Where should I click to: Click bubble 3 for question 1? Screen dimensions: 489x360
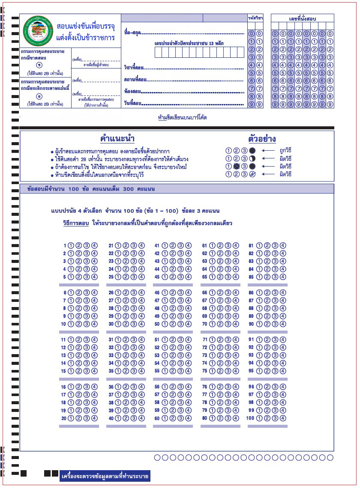[87, 246]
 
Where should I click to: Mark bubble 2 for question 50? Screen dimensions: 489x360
[173, 324]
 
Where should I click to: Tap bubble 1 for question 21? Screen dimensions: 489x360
[118, 246]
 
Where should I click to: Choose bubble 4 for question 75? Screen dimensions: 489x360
[235, 371]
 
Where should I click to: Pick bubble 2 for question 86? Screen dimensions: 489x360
[267, 293]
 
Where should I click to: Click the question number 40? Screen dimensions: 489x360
[111, 418]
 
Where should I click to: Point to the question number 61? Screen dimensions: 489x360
[204, 246]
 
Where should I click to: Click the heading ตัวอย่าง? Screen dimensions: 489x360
[262, 139]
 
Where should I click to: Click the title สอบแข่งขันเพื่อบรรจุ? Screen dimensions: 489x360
[85, 26]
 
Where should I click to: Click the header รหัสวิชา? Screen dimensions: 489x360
[255, 18]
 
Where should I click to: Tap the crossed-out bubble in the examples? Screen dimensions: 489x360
[236, 166]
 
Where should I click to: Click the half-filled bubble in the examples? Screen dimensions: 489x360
[252, 158]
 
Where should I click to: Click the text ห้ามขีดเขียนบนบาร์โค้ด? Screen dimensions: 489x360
[182, 118]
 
